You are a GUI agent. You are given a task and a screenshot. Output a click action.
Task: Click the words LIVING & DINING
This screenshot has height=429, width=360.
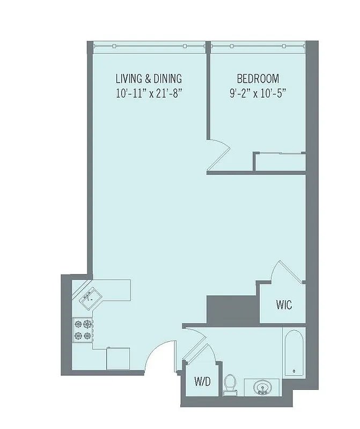point(149,79)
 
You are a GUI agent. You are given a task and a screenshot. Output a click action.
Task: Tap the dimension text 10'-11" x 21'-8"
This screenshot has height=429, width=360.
point(149,93)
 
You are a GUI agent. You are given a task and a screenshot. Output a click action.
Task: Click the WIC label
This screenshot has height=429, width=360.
point(284,305)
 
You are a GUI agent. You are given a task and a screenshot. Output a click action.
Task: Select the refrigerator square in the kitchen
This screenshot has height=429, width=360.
point(118,358)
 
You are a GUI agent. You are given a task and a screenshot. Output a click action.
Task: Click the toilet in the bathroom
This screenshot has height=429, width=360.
point(231,383)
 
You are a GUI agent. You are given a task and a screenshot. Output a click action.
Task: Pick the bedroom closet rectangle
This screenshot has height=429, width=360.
point(280,162)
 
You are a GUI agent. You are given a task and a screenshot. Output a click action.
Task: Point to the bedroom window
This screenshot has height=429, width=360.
point(258,46)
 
